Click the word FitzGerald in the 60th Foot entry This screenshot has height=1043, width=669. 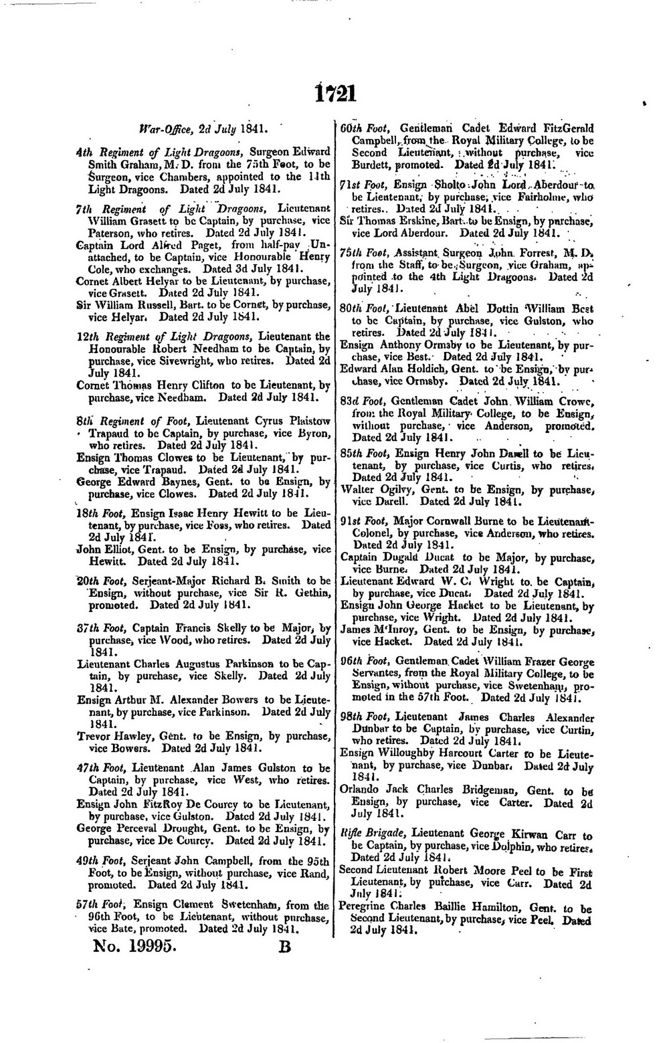(563, 128)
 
